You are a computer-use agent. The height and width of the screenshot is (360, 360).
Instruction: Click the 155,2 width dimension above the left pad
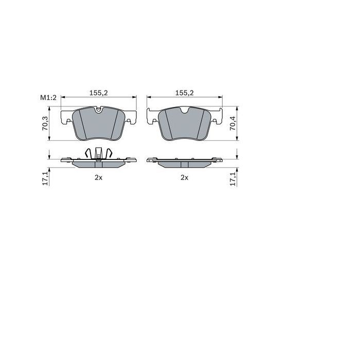[x=98, y=93]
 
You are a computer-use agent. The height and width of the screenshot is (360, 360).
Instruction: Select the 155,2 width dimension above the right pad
[x=184, y=93]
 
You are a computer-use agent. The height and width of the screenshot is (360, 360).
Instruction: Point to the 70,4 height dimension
[x=232, y=124]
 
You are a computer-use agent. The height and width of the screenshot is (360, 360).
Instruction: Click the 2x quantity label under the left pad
[x=99, y=177]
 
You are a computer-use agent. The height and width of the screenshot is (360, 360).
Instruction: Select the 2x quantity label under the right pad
[x=184, y=177]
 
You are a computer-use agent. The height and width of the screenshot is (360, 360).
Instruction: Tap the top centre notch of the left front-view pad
[x=98, y=110]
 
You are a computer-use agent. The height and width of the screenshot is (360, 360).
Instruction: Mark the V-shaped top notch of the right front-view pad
[x=184, y=111]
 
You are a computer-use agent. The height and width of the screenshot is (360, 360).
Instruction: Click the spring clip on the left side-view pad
[x=98, y=154]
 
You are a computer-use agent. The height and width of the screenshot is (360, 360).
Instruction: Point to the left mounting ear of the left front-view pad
[x=66, y=117]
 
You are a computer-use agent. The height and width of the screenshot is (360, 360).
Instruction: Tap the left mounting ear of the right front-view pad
[x=152, y=117]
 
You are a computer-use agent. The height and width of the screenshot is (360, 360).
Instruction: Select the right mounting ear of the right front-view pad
[x=217, y=117]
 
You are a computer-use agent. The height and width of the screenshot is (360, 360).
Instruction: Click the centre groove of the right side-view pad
[x=184, y=164]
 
